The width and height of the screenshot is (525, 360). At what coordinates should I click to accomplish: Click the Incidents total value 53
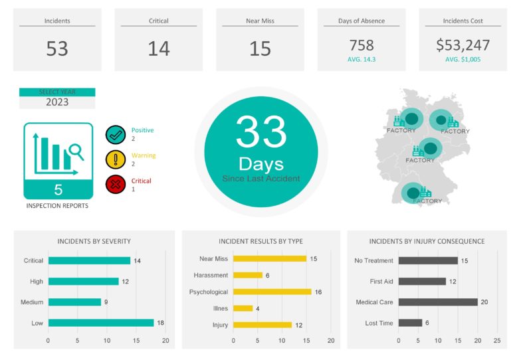point(57,48)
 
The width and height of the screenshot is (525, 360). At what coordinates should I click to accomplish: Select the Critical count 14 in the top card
point(159,48)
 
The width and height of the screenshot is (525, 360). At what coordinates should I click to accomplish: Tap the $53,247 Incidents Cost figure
point(463,45)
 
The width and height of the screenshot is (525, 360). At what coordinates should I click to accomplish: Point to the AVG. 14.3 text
point(362,59)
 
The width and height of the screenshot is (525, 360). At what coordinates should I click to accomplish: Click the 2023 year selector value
point(57,102)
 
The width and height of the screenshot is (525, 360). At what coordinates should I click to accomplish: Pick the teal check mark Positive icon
point(116,135)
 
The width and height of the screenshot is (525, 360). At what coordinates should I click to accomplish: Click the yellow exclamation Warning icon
point(116,159)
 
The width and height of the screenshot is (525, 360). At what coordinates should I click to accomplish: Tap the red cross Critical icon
point(116,184)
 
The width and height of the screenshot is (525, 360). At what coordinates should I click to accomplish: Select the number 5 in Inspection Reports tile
point(58,190)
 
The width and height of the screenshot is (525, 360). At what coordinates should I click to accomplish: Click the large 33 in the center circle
point(261,132)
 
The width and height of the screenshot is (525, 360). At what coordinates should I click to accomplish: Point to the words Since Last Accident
point(261,178)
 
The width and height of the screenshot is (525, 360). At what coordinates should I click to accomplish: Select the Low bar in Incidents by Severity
point(100,323)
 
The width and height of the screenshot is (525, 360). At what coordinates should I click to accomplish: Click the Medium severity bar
point(74,302)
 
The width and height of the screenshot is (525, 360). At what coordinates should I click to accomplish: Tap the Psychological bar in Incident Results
point(272,292)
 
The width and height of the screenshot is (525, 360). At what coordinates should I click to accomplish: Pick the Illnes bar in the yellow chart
point(243,308)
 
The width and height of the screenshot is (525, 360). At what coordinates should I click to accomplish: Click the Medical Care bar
point(438,302)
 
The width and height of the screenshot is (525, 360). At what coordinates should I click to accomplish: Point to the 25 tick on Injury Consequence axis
point(497,340)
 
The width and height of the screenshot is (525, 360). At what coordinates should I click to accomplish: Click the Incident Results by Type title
point(261,241)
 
